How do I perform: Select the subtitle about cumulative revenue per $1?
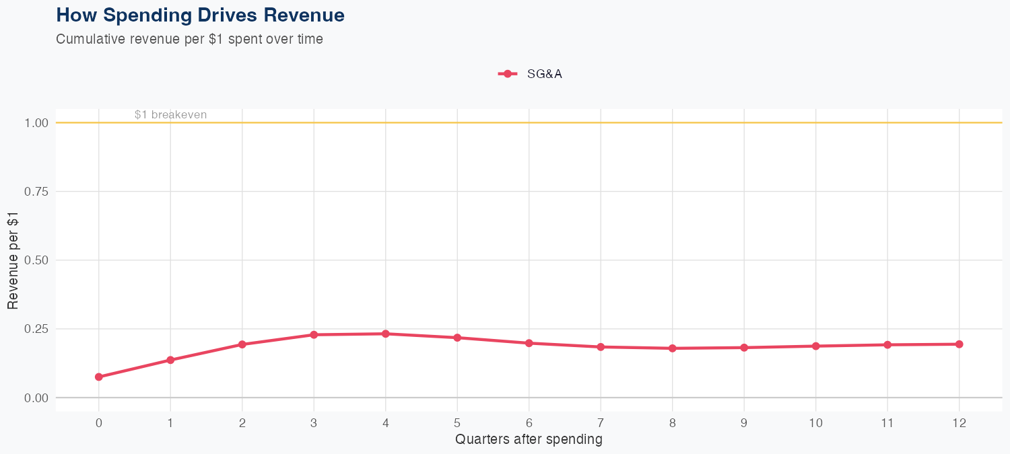[x=189, y=39]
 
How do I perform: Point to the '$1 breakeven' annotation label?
[x=170, y=115]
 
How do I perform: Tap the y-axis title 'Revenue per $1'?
[x=13, y=260]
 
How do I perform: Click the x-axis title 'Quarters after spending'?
[x=529, y=440]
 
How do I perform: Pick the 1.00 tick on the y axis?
[x=36, y=123]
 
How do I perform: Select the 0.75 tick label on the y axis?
[x=36, y=192]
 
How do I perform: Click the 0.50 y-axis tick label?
[x=36, y=260]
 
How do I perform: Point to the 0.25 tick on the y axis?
[x=36, y=329]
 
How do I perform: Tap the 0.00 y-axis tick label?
[x=36, y=398]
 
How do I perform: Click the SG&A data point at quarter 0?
[x=99, y=377]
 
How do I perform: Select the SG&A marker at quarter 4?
[x=386, y=334]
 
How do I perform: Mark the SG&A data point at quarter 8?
[x=673, y=348]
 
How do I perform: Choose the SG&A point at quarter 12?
[x=959, y=344]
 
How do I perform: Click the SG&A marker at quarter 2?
[x=242, y=344]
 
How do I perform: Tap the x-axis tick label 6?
[x=529, y=423]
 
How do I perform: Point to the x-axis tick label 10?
[x=816, y=423]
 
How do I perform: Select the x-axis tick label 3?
[x=314, y=423]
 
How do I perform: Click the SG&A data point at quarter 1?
[x=170, y=360]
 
